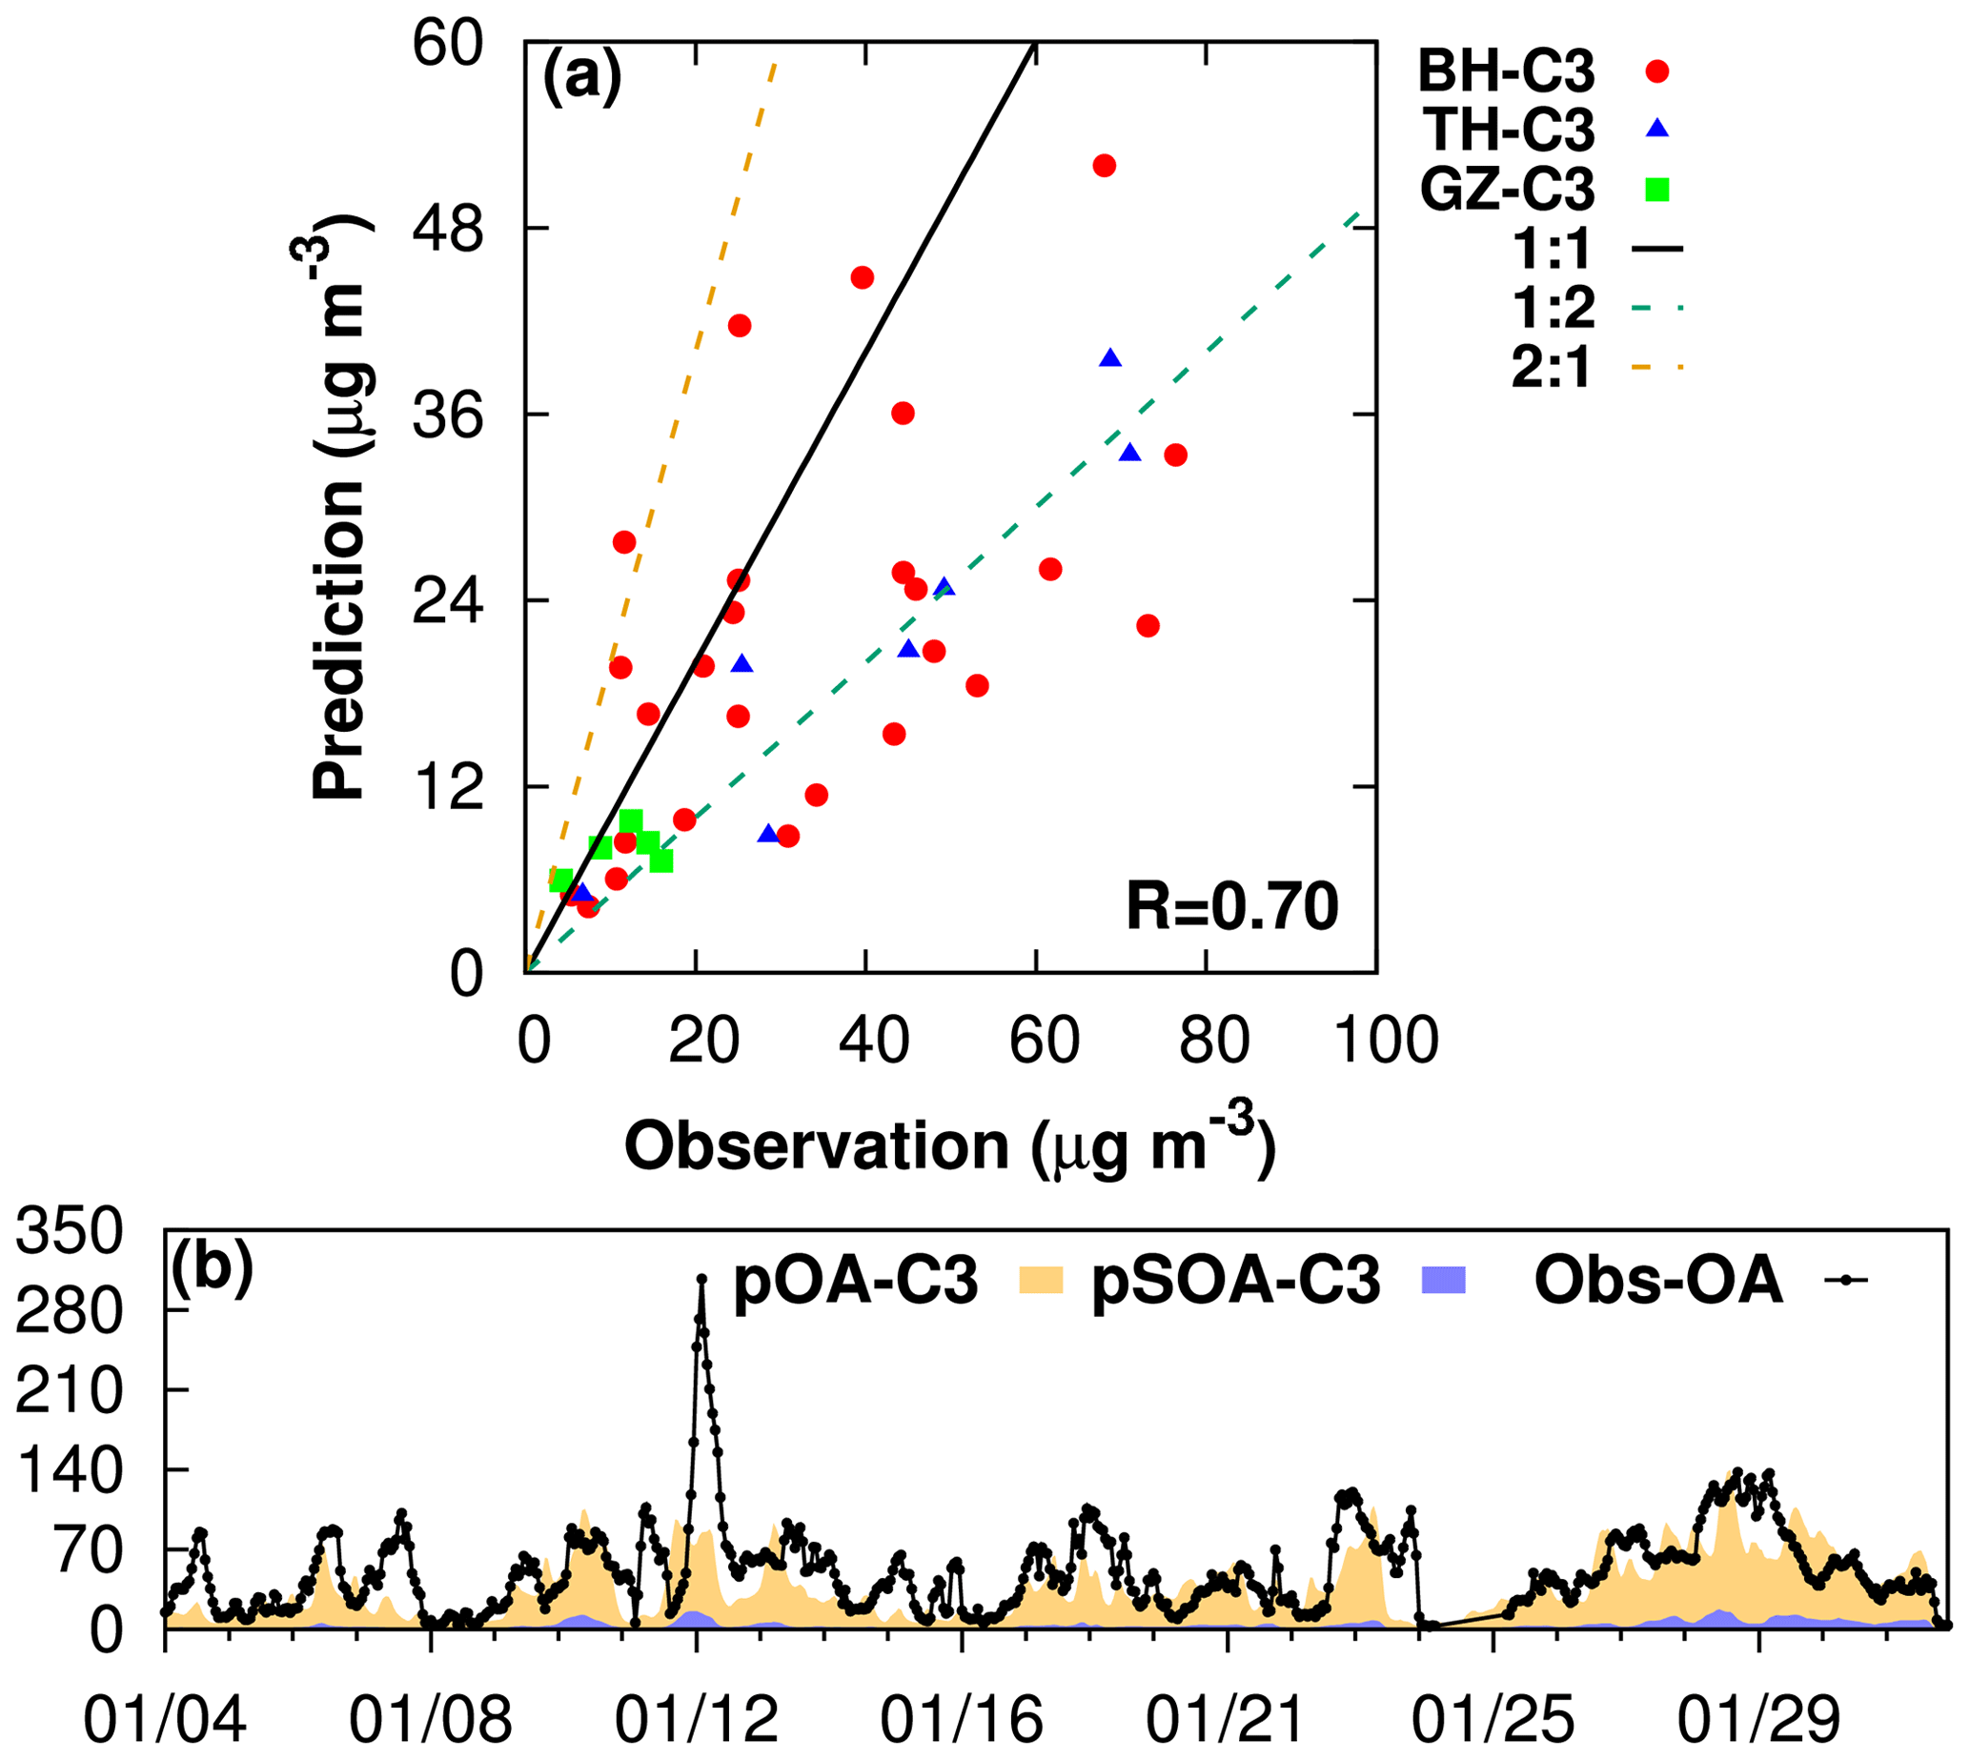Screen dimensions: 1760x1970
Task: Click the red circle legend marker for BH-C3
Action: (1658, 71)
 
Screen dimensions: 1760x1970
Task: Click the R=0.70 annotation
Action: (1232, 907)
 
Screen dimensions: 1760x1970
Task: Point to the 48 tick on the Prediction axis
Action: (447, 230)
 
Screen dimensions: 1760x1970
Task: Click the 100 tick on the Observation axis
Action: (1386, 1042)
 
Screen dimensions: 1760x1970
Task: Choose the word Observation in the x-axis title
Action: (817, 1147)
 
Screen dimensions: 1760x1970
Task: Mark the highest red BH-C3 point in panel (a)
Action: (1105, 166)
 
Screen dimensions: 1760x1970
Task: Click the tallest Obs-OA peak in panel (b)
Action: (702, 1280)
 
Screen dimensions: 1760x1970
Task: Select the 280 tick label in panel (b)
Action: (71, 1311)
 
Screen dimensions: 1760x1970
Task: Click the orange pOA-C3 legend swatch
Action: (1042, 1284)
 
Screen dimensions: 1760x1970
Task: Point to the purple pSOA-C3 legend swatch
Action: (1444, 1284)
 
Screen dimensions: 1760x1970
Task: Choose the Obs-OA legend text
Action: (1657, 1284)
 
